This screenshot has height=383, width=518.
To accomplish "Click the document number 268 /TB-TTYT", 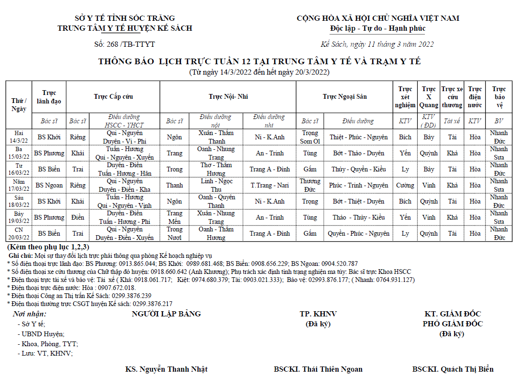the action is point(125,44).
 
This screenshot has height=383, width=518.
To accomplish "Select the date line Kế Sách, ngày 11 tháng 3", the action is point(377,44).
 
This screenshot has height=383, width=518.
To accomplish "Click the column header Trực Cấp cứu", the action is point(113,97).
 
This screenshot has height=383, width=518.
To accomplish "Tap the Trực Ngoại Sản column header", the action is point(345,97).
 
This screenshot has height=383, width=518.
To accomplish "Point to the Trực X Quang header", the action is point(429,97).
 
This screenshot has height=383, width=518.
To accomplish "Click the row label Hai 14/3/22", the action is point(19,137).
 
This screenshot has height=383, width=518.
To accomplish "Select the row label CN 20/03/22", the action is point(19,233).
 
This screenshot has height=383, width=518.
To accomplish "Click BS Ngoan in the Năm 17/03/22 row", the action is point(49,185).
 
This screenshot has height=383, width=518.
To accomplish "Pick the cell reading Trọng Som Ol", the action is point(310,137).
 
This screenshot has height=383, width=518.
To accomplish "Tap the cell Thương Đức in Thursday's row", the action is point(310,185).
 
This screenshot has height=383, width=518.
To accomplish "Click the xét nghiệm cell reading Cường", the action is point(405,185).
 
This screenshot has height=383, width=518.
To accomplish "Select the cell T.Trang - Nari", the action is point(269,185).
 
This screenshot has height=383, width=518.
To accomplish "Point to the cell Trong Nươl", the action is point(174,233).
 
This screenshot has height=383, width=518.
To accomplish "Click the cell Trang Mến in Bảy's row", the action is point(174,217).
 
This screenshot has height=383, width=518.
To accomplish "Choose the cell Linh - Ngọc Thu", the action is point(216,185).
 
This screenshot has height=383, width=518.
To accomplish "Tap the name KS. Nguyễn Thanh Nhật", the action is point(166,369).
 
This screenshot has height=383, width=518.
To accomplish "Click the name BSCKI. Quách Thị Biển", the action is point(453,369).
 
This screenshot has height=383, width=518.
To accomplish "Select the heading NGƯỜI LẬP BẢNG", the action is point(166,314).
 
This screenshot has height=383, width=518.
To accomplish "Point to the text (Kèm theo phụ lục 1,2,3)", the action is point(48,247).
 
